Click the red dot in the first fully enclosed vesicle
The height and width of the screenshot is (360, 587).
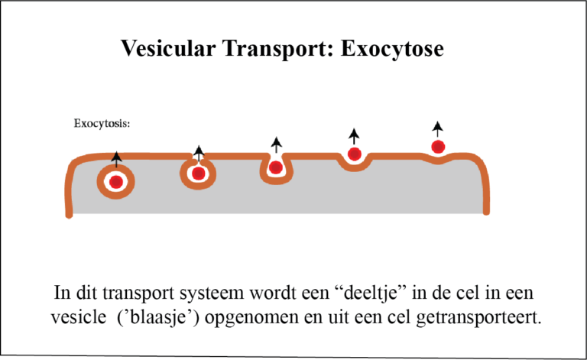coord(116,182)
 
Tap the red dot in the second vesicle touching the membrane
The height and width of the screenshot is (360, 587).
coord(199,174)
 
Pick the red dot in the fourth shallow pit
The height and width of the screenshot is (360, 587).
coord(354,154)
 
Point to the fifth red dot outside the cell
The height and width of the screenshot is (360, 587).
coord(438,146)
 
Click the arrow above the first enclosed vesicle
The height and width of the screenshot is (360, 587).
coord(116,159)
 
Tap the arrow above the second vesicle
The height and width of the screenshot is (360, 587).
coord(199,152)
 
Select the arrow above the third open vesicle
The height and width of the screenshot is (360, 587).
coord(277,143)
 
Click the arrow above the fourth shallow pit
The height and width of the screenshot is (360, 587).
coord(354,135)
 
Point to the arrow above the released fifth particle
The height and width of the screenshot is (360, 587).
coord(437,127)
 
